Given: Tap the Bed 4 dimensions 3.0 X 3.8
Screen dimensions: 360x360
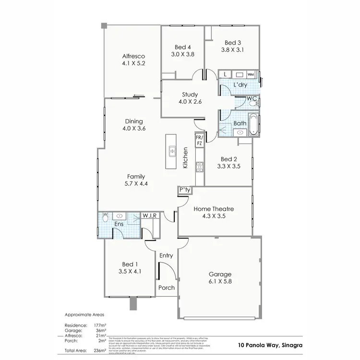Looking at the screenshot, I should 183,54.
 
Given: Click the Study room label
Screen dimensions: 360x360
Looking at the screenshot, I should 183,95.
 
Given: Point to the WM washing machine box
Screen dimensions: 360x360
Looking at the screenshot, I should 251,75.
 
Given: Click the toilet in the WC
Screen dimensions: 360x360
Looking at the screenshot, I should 255,102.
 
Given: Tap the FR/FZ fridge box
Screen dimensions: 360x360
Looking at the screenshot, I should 199,140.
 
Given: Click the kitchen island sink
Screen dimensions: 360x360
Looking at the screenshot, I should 171,152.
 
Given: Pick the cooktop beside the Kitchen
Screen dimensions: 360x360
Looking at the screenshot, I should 199,168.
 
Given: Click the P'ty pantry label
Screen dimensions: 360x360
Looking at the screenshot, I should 185,190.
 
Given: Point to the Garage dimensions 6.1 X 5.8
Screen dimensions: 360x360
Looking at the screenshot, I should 220,282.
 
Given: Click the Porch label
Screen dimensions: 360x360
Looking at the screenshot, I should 166,288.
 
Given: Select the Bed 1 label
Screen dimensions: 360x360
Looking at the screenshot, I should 130,264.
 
